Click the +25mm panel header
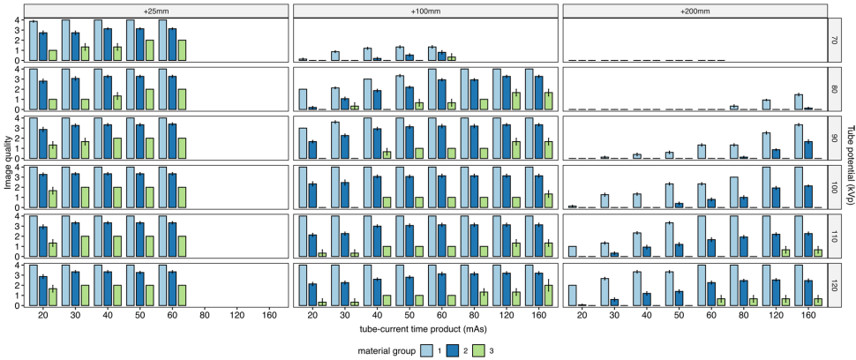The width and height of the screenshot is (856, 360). click(156, 10)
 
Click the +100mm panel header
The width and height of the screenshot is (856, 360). click(425, 10)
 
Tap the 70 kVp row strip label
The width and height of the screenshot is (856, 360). click(835, 40)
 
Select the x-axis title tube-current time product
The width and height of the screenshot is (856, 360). click(426, 328)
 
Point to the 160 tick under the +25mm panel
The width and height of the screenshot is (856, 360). click(270, 314)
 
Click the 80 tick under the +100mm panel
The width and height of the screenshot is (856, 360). click(474, 314)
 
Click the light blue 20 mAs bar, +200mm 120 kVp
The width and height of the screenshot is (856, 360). click(573, 296)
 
